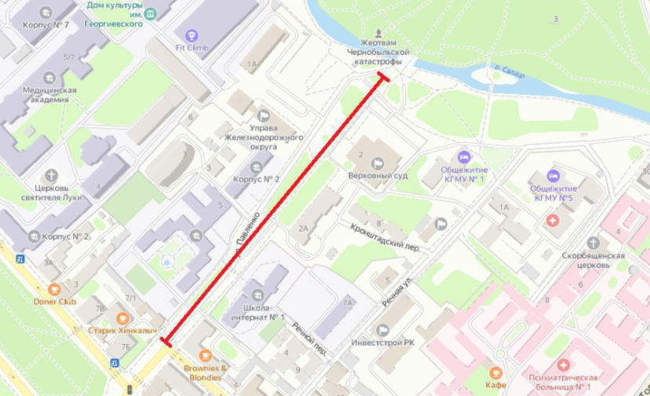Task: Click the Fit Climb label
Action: click(192, 47)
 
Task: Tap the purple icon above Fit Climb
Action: click(192, 35)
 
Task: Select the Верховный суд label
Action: click(378, 175)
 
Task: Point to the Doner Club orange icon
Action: click(53, 289)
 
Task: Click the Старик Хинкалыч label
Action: click(122, 331)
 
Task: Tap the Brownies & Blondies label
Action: click(206, 372)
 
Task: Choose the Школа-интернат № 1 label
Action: click(264, 313)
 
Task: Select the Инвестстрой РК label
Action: click(383, 343)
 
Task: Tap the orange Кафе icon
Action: click(495, 372)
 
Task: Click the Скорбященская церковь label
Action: click(593, 259)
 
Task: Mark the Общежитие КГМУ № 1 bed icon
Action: click(464, 158)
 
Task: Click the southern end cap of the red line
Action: click(165, 341)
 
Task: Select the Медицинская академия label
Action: click(49, 94)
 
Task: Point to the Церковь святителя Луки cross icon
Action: click(52, 175)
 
